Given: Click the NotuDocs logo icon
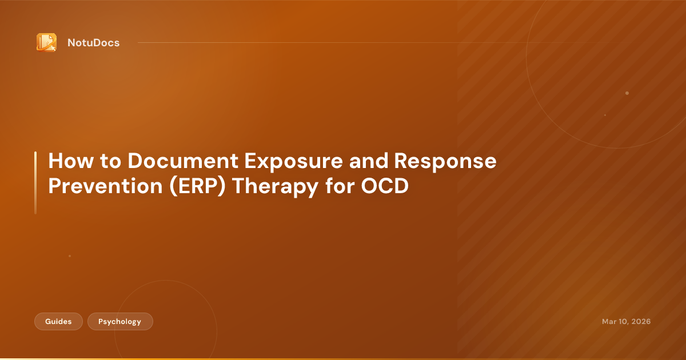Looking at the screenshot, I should (46, 43).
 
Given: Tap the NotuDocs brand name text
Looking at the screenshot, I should (93, 43).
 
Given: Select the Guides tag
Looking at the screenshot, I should (59, 322).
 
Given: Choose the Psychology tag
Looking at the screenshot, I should (120, 322).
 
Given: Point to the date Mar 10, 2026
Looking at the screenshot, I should (626, 322).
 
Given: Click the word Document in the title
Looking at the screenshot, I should (185, 162).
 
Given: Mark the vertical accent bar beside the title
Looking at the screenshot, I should (35, 183).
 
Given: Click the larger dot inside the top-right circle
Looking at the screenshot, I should (627, 93).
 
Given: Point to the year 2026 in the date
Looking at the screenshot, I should (640, 322).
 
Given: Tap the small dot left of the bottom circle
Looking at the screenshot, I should (70, 256).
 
